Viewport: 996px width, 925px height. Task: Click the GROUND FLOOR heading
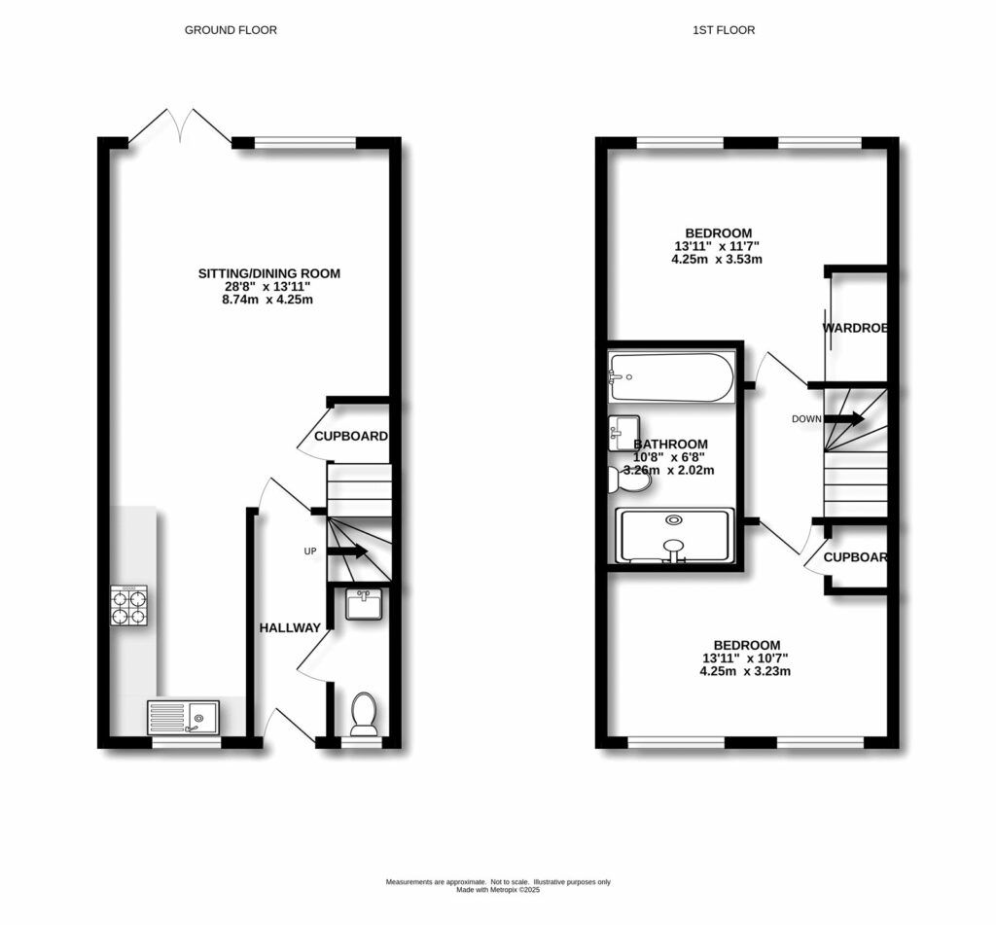click(x=231, y=30)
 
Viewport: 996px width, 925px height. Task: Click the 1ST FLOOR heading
click(x=723, y=30)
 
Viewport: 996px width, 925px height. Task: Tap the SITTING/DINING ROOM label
click(x=269, y=273)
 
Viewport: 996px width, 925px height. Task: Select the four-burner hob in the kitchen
click(x=129, y=605)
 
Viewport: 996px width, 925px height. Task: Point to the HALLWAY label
click(x=289, y=628)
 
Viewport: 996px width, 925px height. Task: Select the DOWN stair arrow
click(x=843, y=419)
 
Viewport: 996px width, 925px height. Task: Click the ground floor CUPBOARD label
click(x=351, y=437)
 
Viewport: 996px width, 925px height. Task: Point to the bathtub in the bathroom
click(x=672, y=378)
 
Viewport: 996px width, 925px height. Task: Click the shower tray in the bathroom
click(x=674, y=536)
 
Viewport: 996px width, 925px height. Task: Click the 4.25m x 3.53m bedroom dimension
click(x=718, y=260)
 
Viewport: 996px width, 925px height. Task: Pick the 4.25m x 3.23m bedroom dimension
click(x=746, y=671)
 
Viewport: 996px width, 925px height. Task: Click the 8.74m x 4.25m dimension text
click(x=269, y=301)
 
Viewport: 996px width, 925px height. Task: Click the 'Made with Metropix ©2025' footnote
click(x=497, y=889)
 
